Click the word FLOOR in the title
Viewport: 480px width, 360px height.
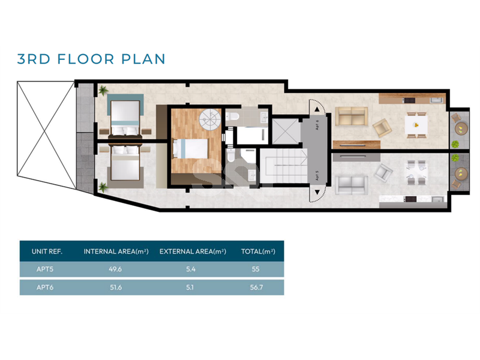click(x=86, y=59)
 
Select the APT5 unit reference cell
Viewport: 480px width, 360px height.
click(x=45, y=269)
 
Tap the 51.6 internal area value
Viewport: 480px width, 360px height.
click(x=116, y=287)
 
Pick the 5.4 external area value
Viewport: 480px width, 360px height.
click(x=190, y=269)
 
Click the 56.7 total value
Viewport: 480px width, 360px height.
click(x=256, y=287)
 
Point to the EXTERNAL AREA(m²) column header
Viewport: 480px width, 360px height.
click(x=193, y=251)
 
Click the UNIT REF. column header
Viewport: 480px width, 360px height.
click(x=47, y=251)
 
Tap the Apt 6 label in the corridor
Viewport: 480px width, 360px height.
click(x=317, y=125)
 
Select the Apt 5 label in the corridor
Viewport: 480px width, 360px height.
click(x=317, y=175)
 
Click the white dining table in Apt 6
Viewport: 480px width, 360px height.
click(x=416, y=125)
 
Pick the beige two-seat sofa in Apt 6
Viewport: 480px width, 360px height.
click(x=352, y=116)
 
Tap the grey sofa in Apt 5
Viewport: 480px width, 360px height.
click(x=352, y=185)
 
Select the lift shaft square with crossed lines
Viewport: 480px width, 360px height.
click(x=285, y=131)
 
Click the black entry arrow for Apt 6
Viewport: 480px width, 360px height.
click(x=317, y=109)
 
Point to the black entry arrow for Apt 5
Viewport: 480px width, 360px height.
click(x=317, y=192)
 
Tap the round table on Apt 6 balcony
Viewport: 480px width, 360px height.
click(x=461, y=128)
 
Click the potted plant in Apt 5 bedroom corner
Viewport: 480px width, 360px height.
click(x=103, y=187)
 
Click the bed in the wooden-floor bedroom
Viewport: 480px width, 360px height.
click(x=190, y=148)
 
